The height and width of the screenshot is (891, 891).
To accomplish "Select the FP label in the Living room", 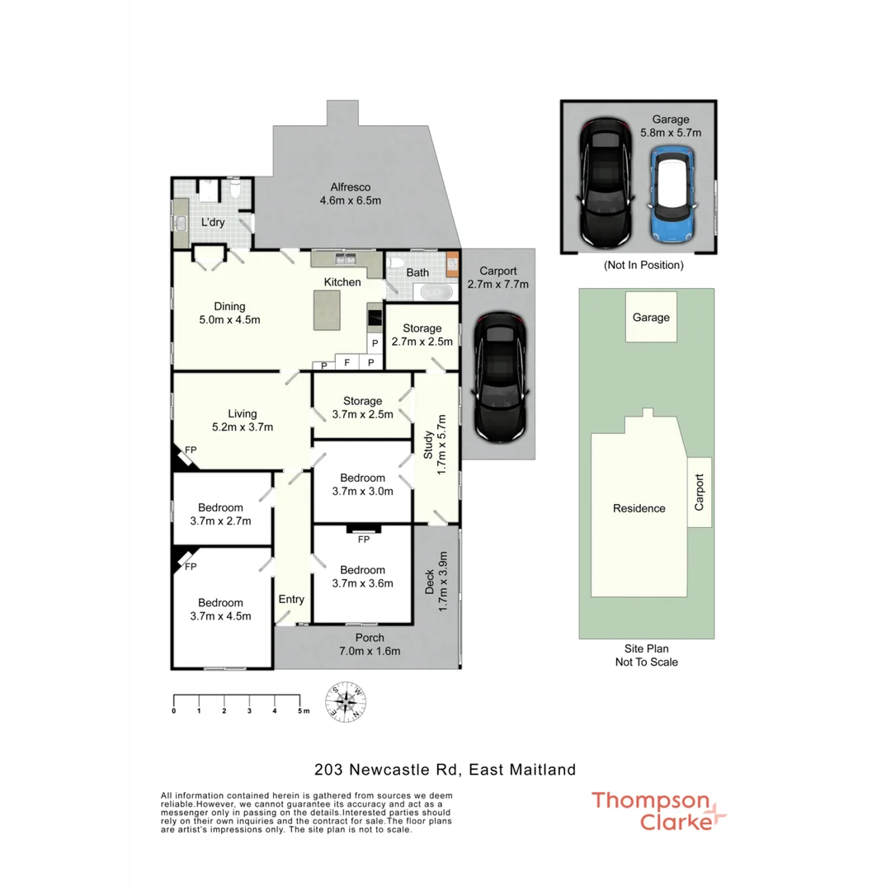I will click(191, 450).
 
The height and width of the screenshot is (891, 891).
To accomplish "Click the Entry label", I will click(291, 599).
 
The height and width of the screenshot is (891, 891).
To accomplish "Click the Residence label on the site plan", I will click(639, 508).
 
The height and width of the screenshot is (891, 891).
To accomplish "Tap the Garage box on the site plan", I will click(651, 318).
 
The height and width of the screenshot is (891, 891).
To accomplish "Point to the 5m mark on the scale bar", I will click(299, 710).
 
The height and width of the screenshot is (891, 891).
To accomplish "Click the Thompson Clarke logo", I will click(659, 811).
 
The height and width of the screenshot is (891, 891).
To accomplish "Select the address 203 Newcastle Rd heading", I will click(445, 770).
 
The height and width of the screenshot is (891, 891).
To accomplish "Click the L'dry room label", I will click(213, 222).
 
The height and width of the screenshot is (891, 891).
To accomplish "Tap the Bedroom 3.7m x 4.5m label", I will click(220, 609).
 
